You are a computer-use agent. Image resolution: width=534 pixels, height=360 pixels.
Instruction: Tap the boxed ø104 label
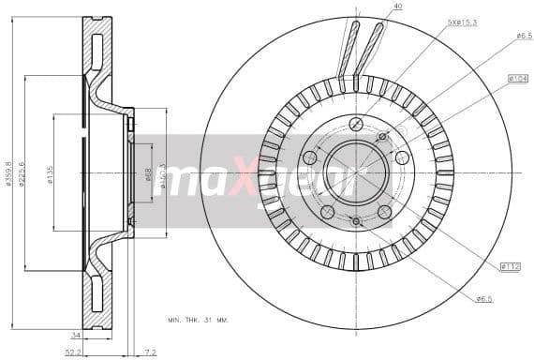click(518, 78)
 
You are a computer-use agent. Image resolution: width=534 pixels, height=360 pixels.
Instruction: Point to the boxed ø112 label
click(510, 267)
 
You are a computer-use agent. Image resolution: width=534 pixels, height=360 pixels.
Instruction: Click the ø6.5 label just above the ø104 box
click(524, 36)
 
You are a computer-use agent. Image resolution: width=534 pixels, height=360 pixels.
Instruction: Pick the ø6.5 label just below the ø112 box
click(483, 299)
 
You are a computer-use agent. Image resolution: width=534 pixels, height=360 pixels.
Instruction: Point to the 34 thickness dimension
click(74, 334)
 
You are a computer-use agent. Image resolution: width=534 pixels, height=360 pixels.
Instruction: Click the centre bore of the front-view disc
click(356, 172)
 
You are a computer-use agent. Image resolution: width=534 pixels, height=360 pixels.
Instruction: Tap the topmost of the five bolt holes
click(356, 124)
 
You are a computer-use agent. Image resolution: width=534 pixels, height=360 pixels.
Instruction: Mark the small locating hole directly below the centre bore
click(356, 221)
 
